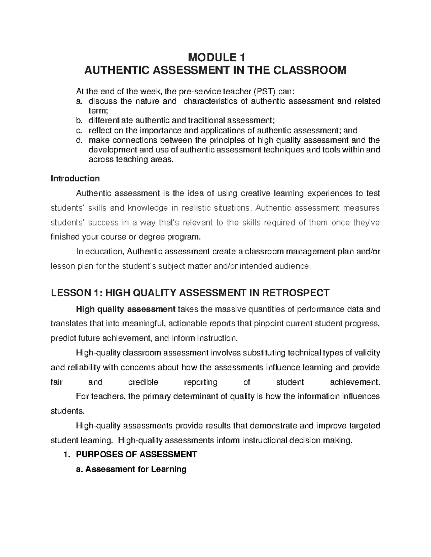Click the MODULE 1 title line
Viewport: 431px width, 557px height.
click(x=215, y=57)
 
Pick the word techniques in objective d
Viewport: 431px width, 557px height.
click(x=283, y=150)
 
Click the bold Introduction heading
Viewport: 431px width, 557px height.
click(x=75, y=178)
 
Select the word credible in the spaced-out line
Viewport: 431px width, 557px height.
click(x=143, y=382)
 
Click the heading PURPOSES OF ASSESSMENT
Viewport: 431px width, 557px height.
click(x=136, y=455)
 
